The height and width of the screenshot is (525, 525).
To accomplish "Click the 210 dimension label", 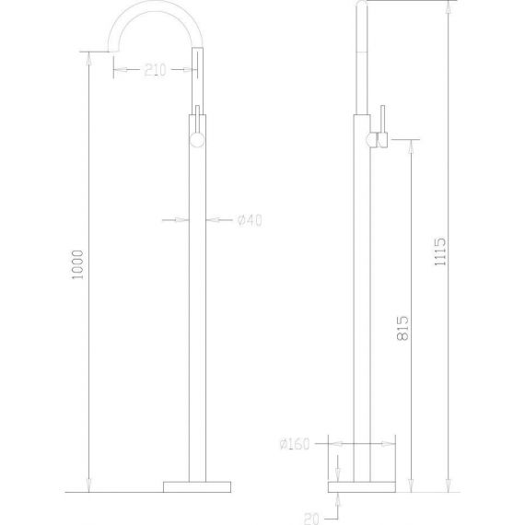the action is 155,70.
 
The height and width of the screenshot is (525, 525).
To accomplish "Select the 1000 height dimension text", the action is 77,265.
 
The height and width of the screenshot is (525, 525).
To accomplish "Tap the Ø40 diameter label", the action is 250,220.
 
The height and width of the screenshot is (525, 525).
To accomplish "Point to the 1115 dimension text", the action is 440,251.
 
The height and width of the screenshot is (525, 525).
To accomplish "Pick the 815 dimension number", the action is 402,328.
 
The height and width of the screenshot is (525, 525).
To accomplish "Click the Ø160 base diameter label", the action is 295,444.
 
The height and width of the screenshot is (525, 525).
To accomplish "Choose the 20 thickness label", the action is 311,519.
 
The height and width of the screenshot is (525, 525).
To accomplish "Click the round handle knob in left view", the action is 197,140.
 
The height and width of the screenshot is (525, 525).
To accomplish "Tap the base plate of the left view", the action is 197,487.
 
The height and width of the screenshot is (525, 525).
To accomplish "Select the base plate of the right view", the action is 362,487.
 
